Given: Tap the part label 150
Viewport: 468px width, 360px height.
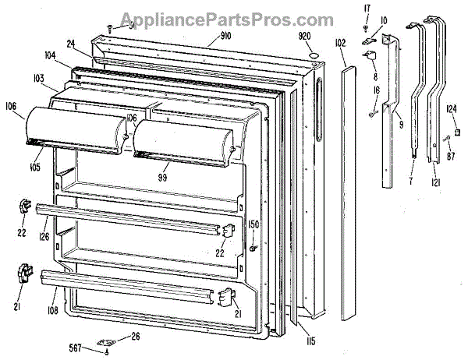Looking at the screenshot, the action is click(253, 224).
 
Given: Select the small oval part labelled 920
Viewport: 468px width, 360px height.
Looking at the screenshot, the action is click(313, 55).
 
